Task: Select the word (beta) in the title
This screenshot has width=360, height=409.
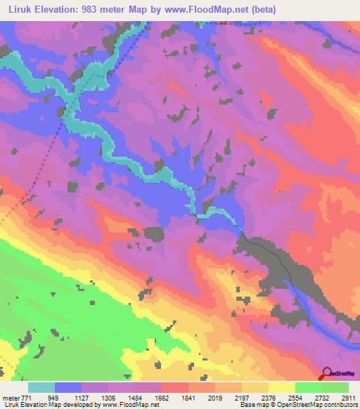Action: click(261, 10)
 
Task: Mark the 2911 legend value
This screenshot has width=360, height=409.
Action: click(345, 398)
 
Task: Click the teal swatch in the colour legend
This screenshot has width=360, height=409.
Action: click(41, 387)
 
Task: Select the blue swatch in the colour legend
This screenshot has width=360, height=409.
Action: click(68, 387)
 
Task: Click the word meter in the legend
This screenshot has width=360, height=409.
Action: click(11, 398)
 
